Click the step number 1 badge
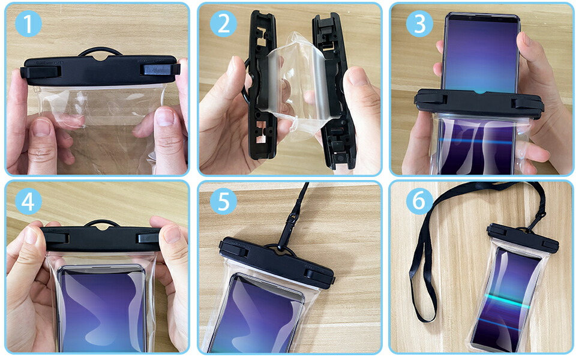[28, 23]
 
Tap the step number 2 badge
[223, 23]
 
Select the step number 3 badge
[419, 23]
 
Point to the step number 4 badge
[28, 201]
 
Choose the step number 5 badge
[223, 201]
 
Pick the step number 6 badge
[419, 201]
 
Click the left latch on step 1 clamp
[41, 71]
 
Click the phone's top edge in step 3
[482, 16]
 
